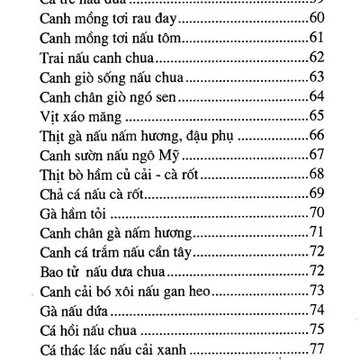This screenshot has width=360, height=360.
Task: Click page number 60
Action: tap(316, 18)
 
